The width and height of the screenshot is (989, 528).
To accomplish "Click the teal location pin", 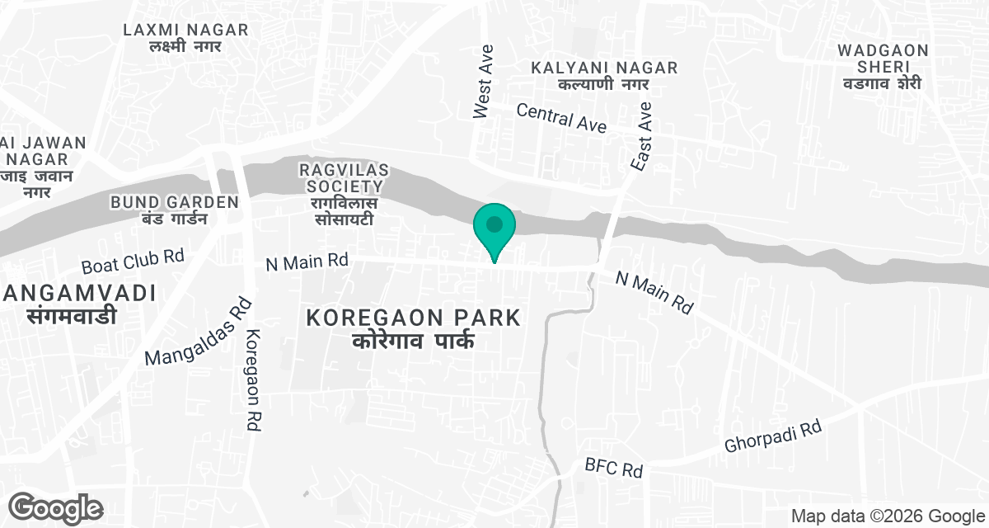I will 494,227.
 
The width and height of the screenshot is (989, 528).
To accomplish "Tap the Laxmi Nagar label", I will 185,38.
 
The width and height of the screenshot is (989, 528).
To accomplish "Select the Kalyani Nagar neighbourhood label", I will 604,75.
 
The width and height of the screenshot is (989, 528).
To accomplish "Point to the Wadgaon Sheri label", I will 882,66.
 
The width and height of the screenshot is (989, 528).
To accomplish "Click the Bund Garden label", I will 175,210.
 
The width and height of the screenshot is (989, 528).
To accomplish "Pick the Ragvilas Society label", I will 344,194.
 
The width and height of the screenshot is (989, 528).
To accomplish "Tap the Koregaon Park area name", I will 413,328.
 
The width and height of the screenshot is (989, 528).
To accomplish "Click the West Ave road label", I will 483,82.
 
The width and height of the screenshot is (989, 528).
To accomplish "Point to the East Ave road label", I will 641,136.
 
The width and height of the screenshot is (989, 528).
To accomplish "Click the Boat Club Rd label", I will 133,262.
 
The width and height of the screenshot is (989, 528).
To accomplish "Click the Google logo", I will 56,507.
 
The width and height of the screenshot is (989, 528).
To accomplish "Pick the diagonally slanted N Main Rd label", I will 655,293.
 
